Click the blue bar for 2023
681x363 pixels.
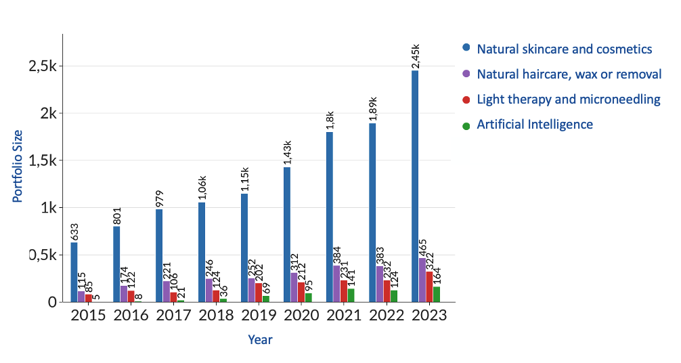(x=415, y=186)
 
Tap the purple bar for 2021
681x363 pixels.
(x=336, y=284)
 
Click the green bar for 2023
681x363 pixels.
(x=437, y=295)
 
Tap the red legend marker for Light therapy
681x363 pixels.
(x=466, y=100)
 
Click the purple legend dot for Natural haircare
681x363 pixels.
(x=466, y=74)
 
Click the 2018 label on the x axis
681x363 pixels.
(x=216, y=316)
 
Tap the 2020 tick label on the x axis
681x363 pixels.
(x=301, y=316)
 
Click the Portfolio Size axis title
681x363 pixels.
(x=18, y=166)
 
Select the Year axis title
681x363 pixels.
(x=260, y=339)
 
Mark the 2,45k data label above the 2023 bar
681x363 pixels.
(x=416, y=56)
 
